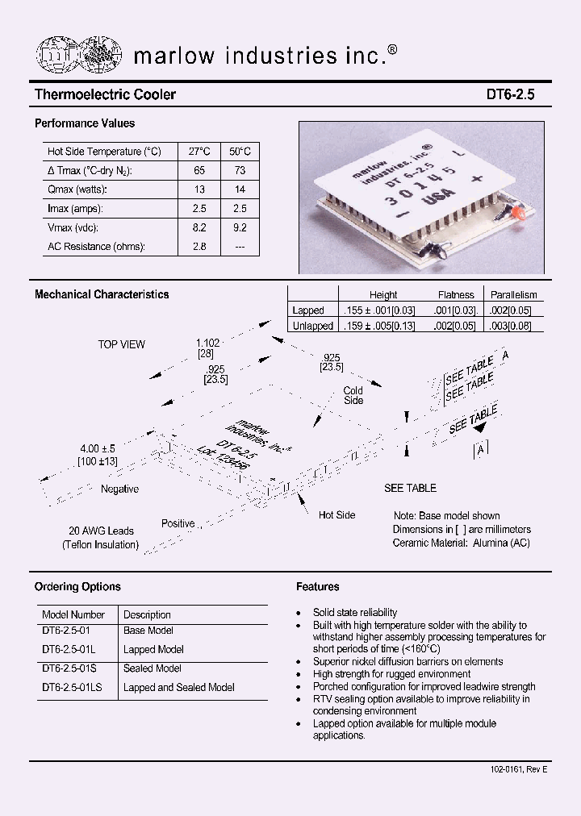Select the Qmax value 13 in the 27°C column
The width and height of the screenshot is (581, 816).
click(x=199, y=189)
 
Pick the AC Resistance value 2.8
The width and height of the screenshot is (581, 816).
click(x=199, y=247)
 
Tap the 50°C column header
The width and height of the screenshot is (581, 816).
click(x=239, y=152)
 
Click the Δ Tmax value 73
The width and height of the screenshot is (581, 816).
click(x=239, y=170)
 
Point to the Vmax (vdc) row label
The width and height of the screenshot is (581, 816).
click(x=77, y=227)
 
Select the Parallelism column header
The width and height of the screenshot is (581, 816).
click(x=513, y=295)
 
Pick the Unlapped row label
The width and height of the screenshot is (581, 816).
click(x=312, y=326)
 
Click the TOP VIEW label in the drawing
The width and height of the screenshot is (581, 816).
click(x=121, y=344)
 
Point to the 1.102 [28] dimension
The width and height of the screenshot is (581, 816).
click(x=207, y=348)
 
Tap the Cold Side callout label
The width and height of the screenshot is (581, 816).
click(x=353, y=395)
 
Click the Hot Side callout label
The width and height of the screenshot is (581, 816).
click(x=336, y=515)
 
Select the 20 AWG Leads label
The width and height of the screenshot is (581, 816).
click(x=101, y=531)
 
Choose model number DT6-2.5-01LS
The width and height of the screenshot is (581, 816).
click(x=74, y=687)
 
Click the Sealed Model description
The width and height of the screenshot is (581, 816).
click(x=153, y=668)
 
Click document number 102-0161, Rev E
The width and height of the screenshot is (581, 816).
click(x=518, y=770)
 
